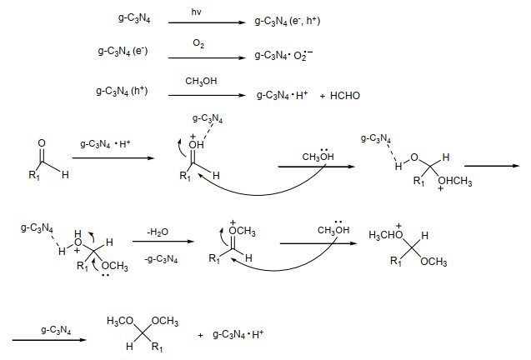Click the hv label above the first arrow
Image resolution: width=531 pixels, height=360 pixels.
[196, 12]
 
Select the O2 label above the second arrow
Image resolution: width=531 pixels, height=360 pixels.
[198, 43]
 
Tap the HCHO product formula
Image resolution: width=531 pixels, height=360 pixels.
[345, 96]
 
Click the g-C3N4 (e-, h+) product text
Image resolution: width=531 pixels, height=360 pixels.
[288, 22]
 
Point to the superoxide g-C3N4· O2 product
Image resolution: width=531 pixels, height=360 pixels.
[283, 55]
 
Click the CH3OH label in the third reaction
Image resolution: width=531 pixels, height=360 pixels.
[201, 82]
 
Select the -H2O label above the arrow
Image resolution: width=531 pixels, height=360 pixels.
[158, 232]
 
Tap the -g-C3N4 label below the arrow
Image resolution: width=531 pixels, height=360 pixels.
[161, 260]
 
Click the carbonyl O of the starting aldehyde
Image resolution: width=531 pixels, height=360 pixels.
[42, 143]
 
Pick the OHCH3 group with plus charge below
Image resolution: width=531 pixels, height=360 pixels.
[455, 182]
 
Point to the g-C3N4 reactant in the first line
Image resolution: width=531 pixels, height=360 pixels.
[134, 18]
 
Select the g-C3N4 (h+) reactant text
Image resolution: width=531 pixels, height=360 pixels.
[122, 92]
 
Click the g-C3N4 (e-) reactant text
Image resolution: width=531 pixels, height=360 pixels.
[123, 52]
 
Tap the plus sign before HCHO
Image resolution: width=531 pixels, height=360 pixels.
[323, 97]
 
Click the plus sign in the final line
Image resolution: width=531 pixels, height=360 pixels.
[200, 336]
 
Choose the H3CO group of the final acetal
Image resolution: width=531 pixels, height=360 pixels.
[120, 321]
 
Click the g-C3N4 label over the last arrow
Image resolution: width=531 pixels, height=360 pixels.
[56, 330]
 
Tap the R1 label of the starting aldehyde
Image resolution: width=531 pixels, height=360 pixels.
[34, 176]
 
